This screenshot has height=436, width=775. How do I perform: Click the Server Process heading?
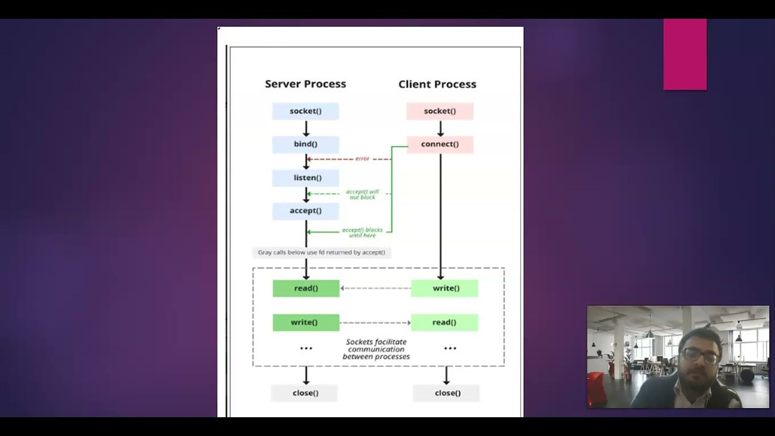[x=305, y=84]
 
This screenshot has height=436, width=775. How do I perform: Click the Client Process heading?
[x=437, y=84]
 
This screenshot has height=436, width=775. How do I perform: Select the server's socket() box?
[x=305, y=111]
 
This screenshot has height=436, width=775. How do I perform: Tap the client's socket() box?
[x=440, y=111]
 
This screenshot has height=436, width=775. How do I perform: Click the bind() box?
[x=305, y=144]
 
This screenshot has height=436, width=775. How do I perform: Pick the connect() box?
[x=440, y=144]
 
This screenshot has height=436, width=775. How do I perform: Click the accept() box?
[x=305, y=211]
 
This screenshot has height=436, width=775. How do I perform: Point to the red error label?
[x=362, y=159]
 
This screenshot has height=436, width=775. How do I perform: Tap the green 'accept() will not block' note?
[x=362, y=194]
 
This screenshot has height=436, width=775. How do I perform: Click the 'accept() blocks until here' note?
[x=362, y=233]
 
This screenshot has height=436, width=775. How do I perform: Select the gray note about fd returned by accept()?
[x=322, y=253]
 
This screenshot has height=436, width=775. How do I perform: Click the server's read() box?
[x=306, y=288]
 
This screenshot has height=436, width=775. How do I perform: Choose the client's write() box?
[x=445, y=288]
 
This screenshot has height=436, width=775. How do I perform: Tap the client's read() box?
[x=444, y=322]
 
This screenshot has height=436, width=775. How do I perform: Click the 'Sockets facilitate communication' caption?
[x=376, y=349]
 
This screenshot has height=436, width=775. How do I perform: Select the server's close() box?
[x=305, y=393]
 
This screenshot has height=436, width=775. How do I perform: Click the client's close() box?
[x=447, y=393]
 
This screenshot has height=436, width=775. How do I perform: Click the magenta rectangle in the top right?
[x=685, y=54]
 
